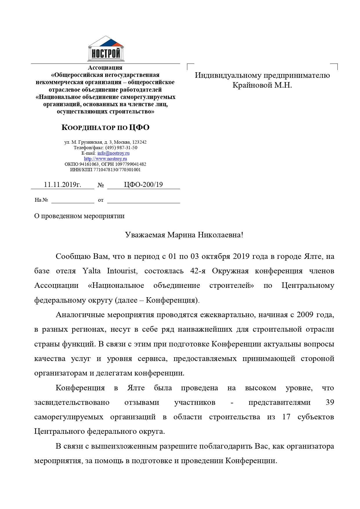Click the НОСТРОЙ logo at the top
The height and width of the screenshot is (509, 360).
[106, 49]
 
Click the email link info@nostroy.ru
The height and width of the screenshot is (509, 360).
[113, 153]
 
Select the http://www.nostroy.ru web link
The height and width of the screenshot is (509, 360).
[105, 159]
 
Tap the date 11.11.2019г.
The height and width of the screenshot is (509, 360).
[62, 185]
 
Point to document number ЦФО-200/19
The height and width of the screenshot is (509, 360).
[143, 185]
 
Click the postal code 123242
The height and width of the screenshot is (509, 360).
[139, 142]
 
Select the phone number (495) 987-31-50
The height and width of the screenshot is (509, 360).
[121, 148]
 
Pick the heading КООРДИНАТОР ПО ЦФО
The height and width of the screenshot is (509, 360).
[106, 127]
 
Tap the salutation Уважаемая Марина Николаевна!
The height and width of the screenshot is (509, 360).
[184, 235]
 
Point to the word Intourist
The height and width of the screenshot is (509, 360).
[122, 271]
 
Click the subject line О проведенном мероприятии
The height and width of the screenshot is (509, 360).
[79, 216]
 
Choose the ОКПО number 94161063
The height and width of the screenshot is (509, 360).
[89, 164]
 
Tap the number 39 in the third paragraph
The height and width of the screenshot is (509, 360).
[330, 402]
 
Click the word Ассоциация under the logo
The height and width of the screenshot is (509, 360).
[105, 68]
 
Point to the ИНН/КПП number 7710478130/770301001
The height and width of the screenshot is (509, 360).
[117, 170]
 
